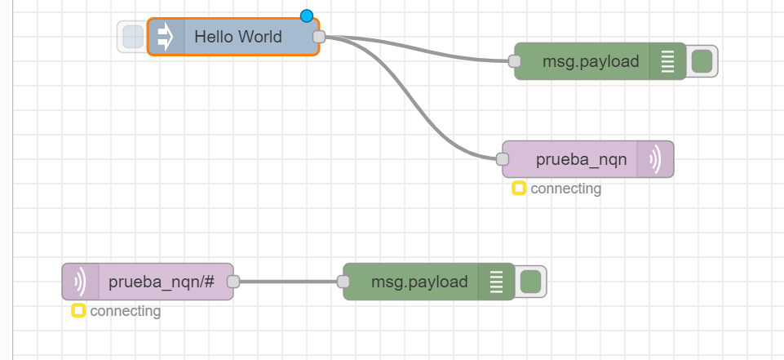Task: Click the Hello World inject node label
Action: point(238,37)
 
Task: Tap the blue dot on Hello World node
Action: point(307,16)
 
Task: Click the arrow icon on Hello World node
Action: point(166,37)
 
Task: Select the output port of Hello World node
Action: point(319,37)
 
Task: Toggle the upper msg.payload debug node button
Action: point(702,61)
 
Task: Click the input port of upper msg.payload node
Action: point(514,61)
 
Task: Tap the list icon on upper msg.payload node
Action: point(667,61)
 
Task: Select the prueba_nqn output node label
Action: point(582,159)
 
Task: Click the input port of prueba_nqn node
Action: point(503,159)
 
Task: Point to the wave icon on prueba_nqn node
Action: point(656,159)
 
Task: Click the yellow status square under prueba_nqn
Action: point(518,189)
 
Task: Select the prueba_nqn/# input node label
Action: point(162,282)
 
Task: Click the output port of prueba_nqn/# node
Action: point(233,282)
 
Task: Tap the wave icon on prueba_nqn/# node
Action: point(80,282)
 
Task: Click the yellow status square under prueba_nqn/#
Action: point(78,311)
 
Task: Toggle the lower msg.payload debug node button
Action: point(530,282)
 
